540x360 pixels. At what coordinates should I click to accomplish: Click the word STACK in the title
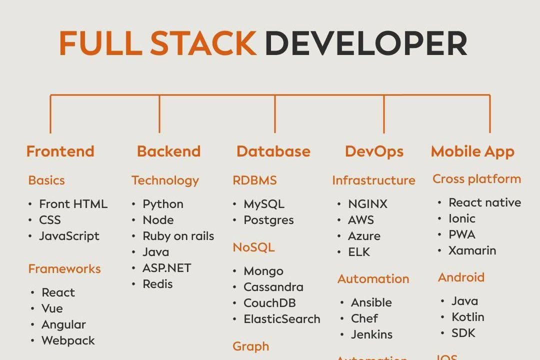(x=203, y=43)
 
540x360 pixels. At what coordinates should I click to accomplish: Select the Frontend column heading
(x=60, y=151)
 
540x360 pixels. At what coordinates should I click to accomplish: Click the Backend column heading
(x=168, y=151)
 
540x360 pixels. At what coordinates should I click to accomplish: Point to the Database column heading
(x=273, y=151)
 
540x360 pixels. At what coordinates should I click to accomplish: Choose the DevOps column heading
(x=374, y=151)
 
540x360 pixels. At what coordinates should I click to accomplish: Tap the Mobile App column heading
(x=472, y=151)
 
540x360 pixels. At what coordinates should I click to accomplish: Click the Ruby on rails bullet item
(x=178, y=236)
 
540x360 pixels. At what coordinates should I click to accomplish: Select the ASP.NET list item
(x=167, y=268)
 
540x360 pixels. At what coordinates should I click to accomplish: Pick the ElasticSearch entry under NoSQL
(x=281, y=319)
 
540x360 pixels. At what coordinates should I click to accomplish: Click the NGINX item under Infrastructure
(x=367, y=204)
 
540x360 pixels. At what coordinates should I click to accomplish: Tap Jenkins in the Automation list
(x=371, y=334)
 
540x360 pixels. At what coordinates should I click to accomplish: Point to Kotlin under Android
(x=467, y=317)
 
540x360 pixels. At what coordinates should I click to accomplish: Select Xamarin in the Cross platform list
(x=472, y=250)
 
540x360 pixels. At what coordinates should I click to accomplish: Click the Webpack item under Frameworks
(x=68, y=340)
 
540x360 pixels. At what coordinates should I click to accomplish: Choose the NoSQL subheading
(x=253, y=247)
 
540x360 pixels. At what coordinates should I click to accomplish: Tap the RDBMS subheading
(x=254, y=180)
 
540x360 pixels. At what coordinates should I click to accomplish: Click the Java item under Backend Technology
(x=155, y=252)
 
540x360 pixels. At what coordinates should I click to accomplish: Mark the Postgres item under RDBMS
(x=268, y=220)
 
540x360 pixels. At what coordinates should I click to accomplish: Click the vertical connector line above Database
(x=275, y=114)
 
